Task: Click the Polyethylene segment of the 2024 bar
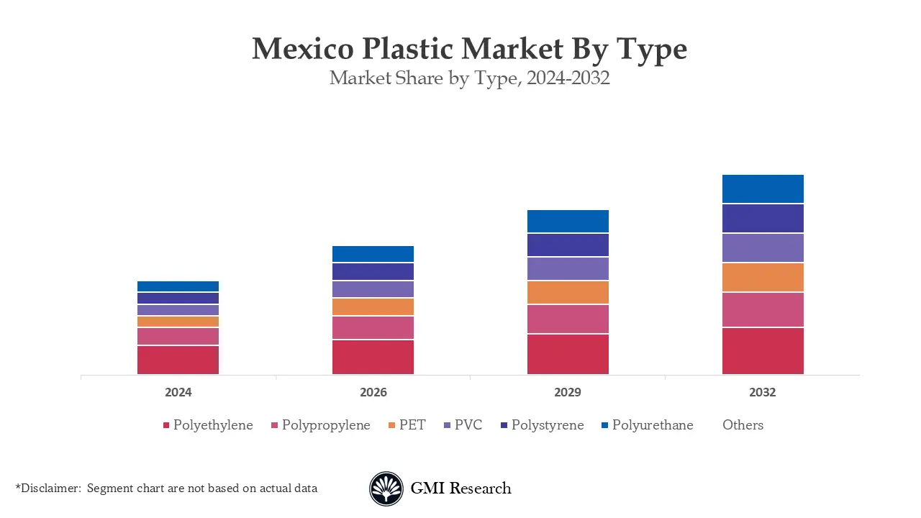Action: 178,360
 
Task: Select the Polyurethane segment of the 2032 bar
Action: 763,189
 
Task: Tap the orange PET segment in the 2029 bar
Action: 568,292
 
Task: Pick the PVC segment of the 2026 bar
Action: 373,289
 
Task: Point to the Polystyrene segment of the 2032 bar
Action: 763,219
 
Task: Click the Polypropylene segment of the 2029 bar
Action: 568,319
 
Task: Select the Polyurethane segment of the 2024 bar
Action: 178,286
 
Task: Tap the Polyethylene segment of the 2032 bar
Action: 763,351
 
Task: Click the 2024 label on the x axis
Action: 178,393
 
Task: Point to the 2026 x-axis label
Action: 373,393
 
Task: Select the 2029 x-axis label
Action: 568,393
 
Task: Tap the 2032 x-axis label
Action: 763,393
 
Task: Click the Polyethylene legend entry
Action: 212,425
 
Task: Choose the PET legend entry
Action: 412,425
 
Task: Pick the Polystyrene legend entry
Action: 547,425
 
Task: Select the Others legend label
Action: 743,425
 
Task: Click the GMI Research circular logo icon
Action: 386,489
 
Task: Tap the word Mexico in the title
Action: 302,49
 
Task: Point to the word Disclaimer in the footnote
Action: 50,489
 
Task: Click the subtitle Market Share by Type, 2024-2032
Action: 469,78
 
